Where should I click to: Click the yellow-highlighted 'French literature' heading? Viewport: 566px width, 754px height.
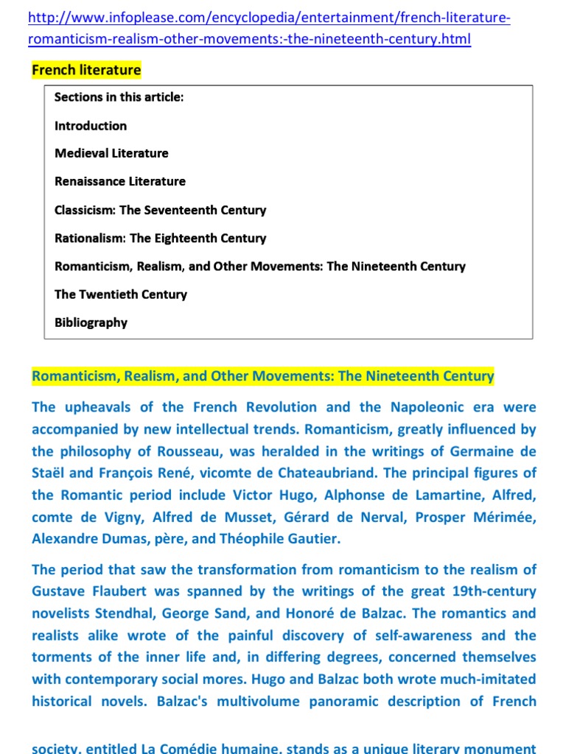pos(86,70)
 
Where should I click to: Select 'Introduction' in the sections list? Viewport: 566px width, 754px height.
pos(91,126)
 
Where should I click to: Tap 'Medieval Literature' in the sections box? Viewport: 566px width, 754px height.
pos(111,153)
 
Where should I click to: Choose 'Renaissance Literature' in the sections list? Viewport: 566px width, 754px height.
pos(120,181)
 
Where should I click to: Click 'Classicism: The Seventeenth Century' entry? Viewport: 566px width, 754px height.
pos(160,210)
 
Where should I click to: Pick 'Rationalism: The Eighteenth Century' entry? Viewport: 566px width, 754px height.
pos(160,238)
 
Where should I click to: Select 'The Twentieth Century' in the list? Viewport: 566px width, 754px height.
pos(121,295)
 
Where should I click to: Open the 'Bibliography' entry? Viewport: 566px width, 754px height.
pos(91,323)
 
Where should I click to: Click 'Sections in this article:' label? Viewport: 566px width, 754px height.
pos(118,97)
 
